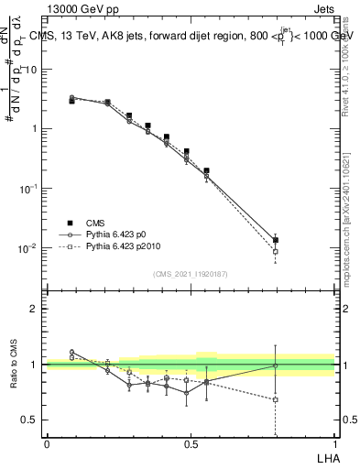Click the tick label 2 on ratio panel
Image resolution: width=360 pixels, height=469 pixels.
tap(37, 309)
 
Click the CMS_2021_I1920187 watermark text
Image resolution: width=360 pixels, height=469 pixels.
tap(191, 274)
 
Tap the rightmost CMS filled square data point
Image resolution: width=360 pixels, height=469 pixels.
tap(276, 240)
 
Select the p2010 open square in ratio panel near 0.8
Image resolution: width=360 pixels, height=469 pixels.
tap(276, 399)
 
